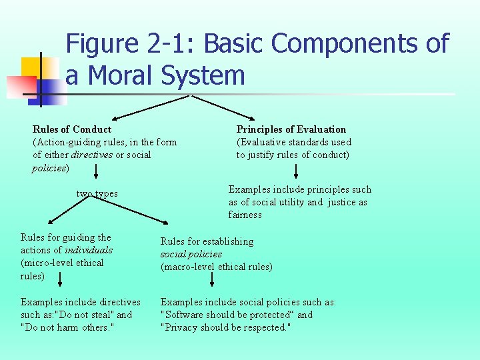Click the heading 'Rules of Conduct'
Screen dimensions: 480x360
coord(72,129)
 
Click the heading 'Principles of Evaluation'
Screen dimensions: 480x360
coord(291,129)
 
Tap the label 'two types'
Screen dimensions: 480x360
coord(97,194)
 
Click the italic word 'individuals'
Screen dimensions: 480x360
coord(89,250)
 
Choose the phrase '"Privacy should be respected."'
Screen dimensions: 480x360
coord(226,327)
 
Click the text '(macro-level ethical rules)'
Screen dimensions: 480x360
coord(216,267)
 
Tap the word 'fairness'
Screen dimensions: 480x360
coord(245,215)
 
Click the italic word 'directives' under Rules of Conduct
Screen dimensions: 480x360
coord(92,155)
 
